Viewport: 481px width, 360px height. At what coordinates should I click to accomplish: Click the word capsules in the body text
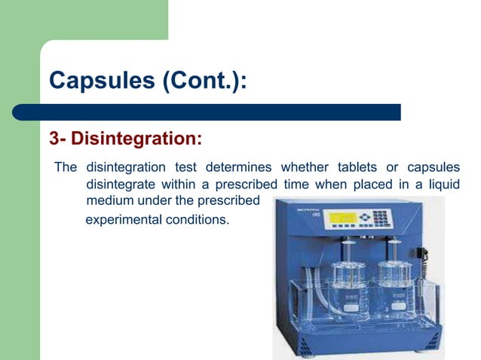(434, 167)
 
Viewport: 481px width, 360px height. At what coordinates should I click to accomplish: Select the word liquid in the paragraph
(443, 184)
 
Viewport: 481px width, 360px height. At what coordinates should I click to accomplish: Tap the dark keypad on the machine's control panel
(381, 218)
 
